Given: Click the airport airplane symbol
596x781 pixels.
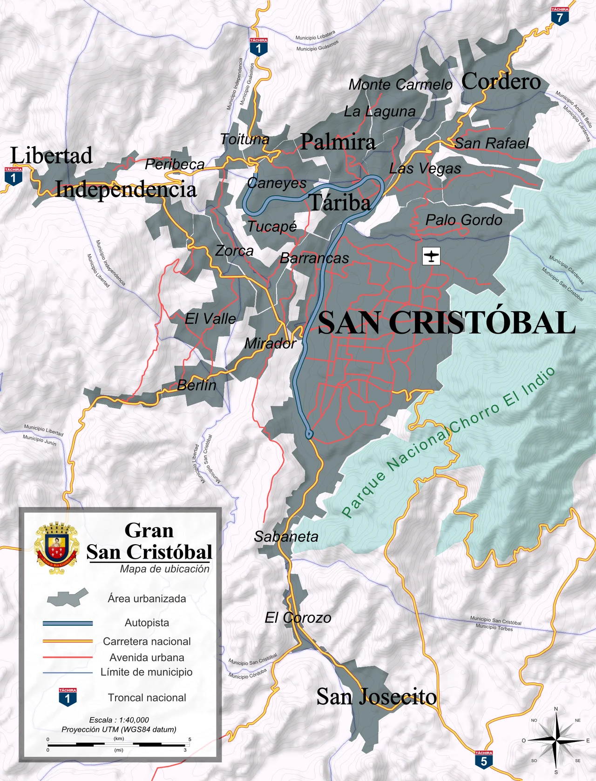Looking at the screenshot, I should (x=431, y=256).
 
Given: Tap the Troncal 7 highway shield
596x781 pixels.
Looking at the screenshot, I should (x=560, y=16).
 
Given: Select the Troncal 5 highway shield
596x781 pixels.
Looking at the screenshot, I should (x=483, y=759).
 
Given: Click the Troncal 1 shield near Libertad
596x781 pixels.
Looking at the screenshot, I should (x=13, y=176).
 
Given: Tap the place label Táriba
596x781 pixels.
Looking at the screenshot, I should (x=340, y=203).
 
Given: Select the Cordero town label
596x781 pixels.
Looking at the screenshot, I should (x=501, y=82).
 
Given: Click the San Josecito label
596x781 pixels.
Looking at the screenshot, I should (x=376, y=697).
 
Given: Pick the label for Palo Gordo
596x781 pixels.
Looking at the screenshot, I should (x=464, y=220).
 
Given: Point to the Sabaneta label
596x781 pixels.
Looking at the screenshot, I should (x=286, y=537).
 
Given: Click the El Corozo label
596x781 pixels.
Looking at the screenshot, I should (x=298, y=618).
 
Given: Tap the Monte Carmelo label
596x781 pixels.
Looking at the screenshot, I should (x=400, y=85).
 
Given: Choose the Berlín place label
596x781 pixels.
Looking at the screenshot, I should (x=196, y=385).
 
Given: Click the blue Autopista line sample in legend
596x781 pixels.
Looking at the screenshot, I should (x=68, y=623).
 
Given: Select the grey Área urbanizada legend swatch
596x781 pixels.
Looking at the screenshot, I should (x=68, y=597).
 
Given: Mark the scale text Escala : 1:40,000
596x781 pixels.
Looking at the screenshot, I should (x=119, y=720).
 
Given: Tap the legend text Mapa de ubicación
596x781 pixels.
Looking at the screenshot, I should (x=164, y=569).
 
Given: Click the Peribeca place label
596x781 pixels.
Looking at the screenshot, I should (x=175, y=164).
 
